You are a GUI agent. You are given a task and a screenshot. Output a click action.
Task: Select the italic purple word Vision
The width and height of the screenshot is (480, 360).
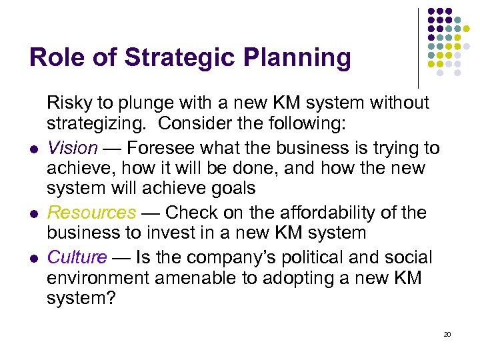point(72,147)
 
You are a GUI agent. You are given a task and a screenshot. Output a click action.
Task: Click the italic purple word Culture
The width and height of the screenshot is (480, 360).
point(77,257)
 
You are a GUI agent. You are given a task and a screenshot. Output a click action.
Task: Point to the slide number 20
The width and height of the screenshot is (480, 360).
point(447,333)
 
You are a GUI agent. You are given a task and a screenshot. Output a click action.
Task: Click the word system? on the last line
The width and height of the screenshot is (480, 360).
point(81,299)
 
